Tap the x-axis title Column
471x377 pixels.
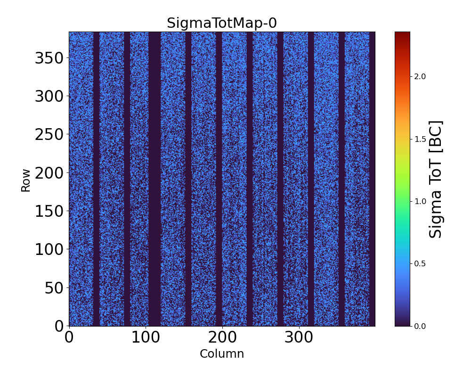[x=222, y=354]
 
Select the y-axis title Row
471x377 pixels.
[x=25, y=180]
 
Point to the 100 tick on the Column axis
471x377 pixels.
[x=146, y=337]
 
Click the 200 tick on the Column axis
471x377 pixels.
[x=222, y=337]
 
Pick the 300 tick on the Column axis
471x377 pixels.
[x=299, y=337]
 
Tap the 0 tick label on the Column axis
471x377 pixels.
[x=69, y=337]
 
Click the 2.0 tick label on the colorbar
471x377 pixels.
[x=420, y=76]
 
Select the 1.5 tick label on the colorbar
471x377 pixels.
[x=420, y=139]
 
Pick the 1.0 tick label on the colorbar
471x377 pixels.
[x=420, y=201]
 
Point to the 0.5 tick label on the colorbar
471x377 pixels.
[x=420, y=263]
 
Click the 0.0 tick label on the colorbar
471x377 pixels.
[x=420, y=326]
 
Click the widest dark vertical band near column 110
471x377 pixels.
[x=154, y=179]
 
